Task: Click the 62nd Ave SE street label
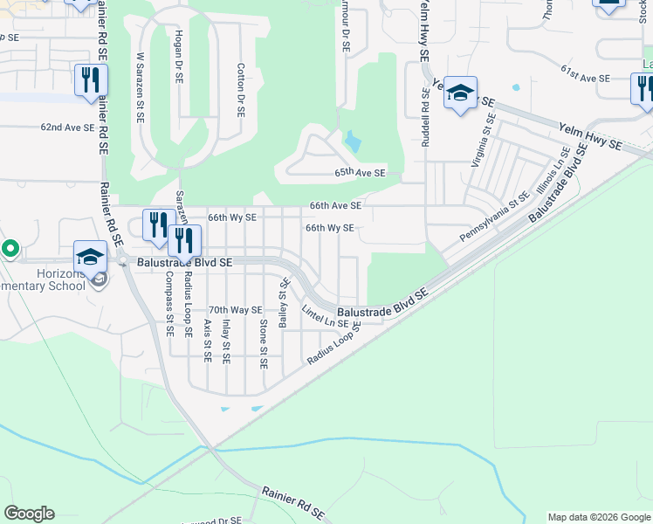pos(67,128)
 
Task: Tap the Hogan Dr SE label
pos(180,59)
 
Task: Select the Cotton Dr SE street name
pos(241,89)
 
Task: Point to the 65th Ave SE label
pos(360,174)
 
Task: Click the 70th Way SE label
pos(235,310)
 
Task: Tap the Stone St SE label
pos(264,343)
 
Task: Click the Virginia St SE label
pos(481,140)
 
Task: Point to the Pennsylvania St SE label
pos(495,218)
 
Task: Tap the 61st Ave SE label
pos(585,78)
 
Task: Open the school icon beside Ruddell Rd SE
pos(460,92)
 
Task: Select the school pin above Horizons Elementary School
pos(90,256)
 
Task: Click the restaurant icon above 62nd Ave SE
pos(90,79)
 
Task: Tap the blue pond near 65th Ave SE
pos(352,141)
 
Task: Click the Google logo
pos(29,514)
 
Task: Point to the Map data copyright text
pos(598,516)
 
